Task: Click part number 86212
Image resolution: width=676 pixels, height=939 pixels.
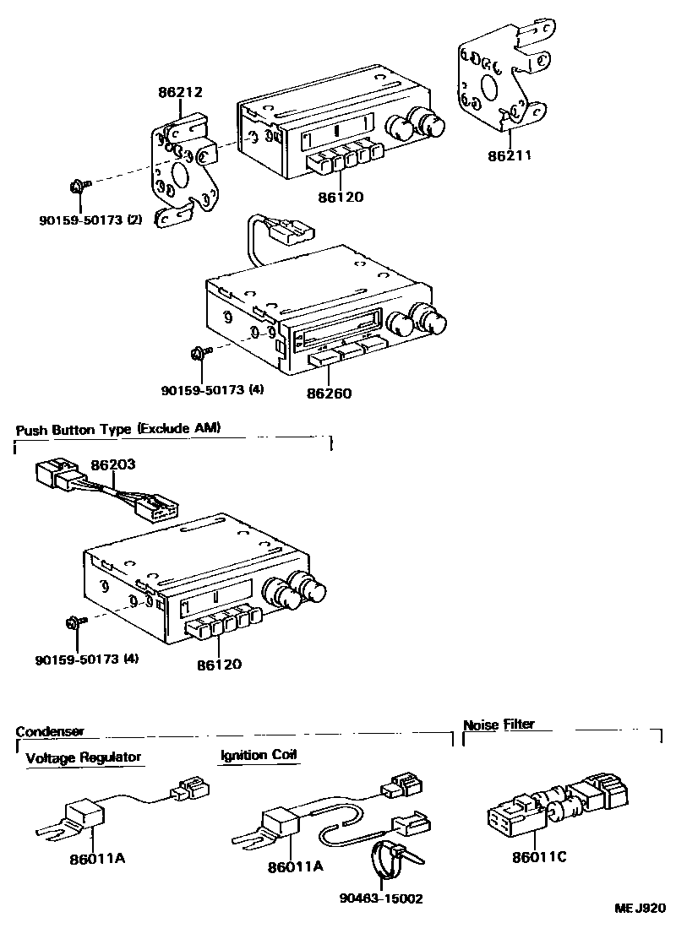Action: point(179,91)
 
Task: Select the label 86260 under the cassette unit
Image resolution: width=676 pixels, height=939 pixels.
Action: point(330,393)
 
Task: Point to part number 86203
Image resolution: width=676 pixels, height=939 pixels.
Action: point(112,465)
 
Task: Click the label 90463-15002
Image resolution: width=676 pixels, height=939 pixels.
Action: point(382,898)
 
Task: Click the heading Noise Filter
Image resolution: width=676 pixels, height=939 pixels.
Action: point(499,725)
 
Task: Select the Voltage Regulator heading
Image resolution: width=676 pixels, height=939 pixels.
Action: point(84,757)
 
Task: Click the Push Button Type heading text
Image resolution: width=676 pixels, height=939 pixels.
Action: point(117,429)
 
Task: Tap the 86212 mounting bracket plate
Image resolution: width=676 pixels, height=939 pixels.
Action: point(182,169)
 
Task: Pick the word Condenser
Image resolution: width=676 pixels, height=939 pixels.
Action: point(50,731)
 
